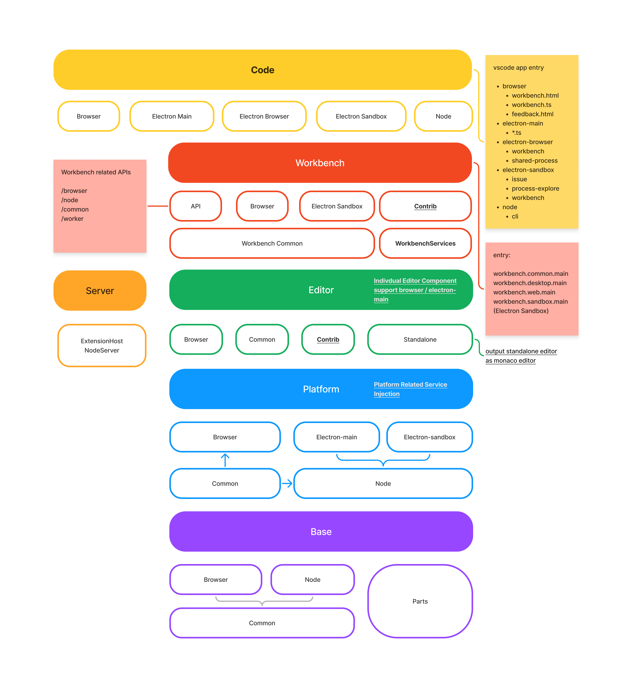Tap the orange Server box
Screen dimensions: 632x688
pos(100,291)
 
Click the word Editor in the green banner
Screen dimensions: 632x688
pos(321,290)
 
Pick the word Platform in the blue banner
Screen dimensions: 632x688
pos(321,389)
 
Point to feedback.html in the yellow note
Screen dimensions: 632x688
pos(532,114)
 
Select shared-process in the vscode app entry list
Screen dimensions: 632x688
pos(535,161)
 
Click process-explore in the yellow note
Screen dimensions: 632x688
pos(535,188)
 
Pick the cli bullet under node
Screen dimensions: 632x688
pos(515,217)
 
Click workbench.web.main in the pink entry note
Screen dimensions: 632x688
pos(524,292)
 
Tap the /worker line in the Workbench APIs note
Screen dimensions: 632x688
pos(72,219)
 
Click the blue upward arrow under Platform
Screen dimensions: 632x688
pos(225,460)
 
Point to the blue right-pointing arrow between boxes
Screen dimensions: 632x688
pos(287,483)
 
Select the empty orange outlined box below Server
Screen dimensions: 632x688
pos(102,345)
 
